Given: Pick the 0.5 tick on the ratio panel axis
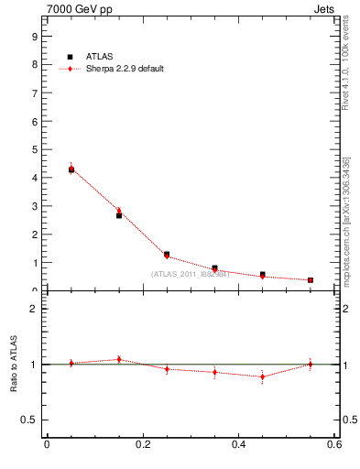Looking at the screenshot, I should coord(29,420).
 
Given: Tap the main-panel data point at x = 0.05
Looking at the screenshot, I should coord(71,169).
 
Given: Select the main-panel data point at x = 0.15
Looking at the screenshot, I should coord(119,215).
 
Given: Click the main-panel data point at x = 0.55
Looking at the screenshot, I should coord(311,279).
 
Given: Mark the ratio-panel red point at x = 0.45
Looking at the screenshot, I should coord(262,376).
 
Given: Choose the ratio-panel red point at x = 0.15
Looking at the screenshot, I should coord(119,359).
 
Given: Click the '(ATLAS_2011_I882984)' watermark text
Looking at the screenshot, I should coord(190,273).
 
